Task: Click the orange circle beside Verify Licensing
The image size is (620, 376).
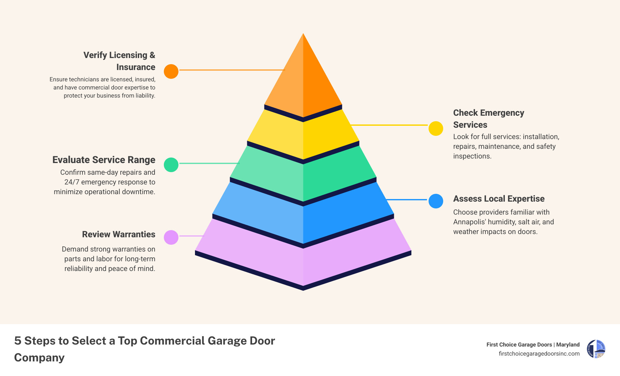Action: click(171, 71)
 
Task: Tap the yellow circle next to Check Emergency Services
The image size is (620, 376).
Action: click(436, 129)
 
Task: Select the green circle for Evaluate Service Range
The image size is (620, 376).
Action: click(171, 165)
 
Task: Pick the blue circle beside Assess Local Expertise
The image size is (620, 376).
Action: click(436, 201)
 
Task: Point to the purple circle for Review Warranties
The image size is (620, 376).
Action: click(171, 237)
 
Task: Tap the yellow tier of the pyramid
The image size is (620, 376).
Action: click(303, 136)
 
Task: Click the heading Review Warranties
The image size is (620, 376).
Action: click(118, 234)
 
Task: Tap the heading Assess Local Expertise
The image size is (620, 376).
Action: click(499, 199)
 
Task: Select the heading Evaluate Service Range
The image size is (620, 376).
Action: click(104, 160)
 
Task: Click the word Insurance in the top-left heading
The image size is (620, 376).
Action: click(136, 67)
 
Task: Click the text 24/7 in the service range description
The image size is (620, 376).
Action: click(72, 182)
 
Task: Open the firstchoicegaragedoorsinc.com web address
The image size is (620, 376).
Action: click(539, 354)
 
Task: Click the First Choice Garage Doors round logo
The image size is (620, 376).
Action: click(596, 349)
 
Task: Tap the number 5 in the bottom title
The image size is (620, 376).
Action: click(18, 341)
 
